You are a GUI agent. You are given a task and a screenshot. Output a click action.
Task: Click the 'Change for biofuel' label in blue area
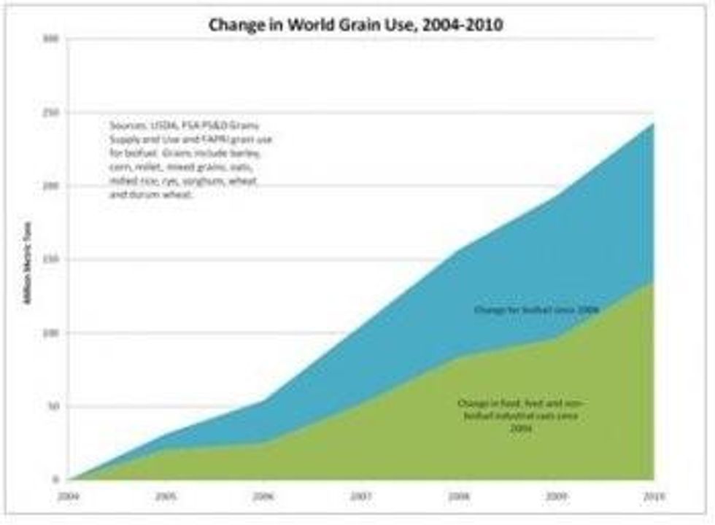click(536, 311)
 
